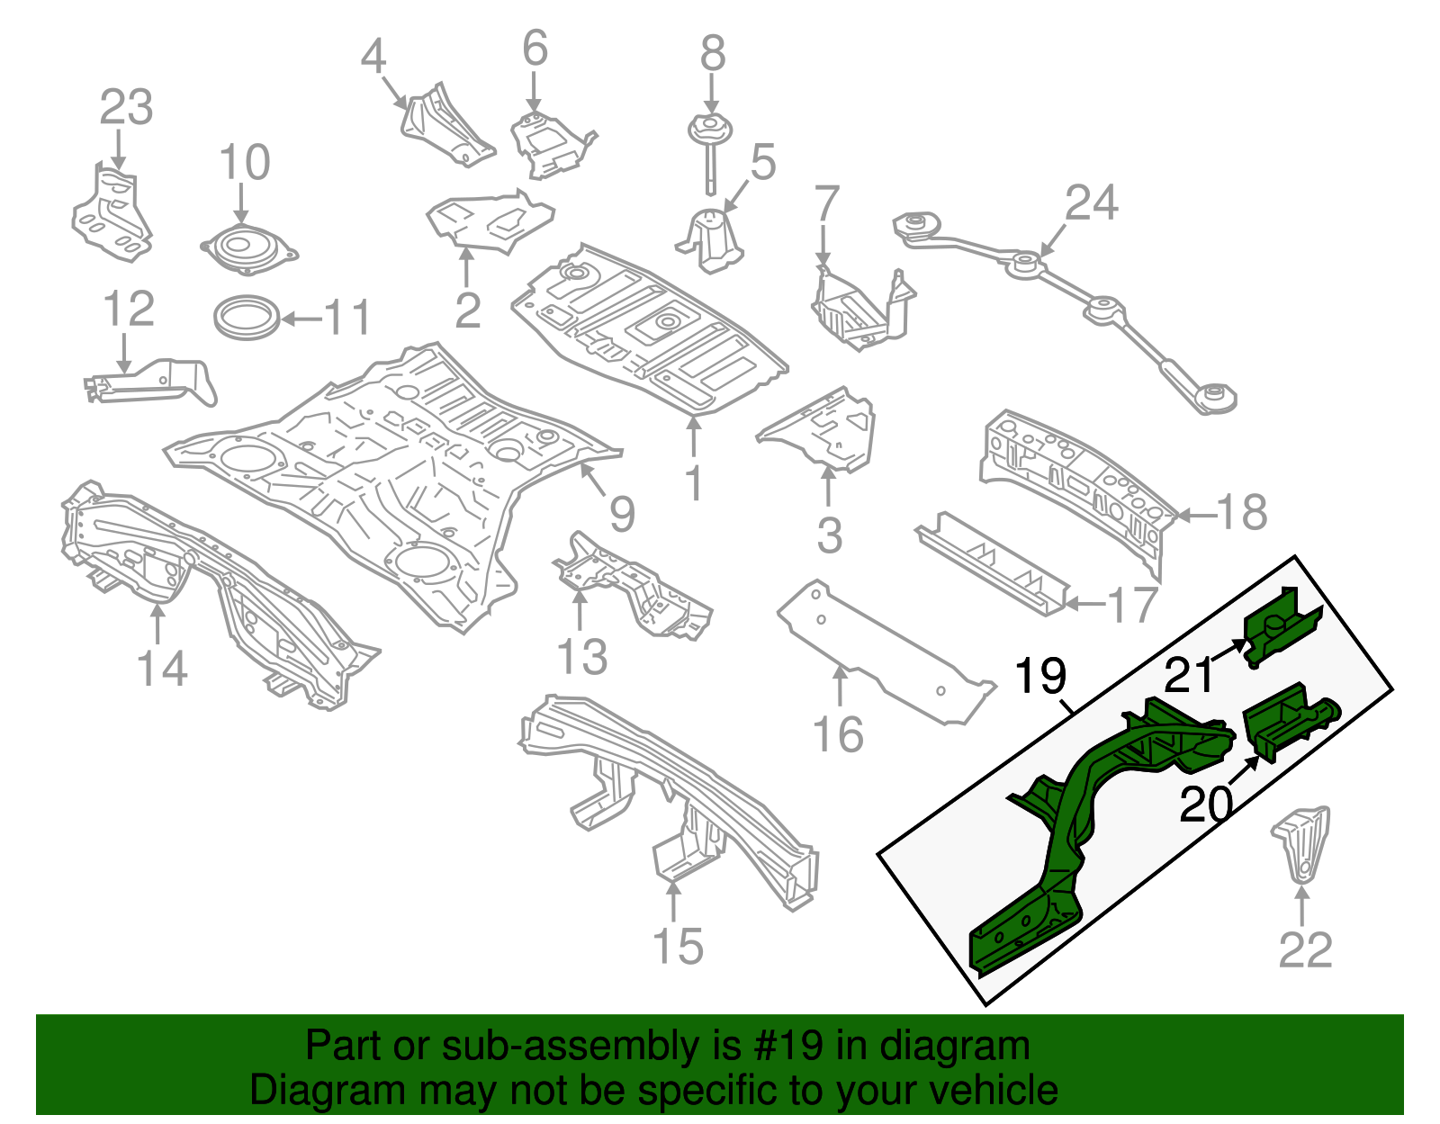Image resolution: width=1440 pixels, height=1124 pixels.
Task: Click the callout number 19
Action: point(1040,676)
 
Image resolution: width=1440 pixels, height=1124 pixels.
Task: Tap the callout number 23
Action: point(126,108)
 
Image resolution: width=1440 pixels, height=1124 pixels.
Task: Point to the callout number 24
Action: point(1092,202)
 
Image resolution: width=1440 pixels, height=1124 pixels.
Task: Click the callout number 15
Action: point(677,947)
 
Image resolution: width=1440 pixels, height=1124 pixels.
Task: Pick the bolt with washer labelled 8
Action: point(710,144)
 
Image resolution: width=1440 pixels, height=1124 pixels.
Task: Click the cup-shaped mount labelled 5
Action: point(712,238)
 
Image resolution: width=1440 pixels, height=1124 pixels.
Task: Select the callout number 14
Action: point(162,670)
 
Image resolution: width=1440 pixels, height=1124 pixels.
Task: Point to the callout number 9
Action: point(622,514)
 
